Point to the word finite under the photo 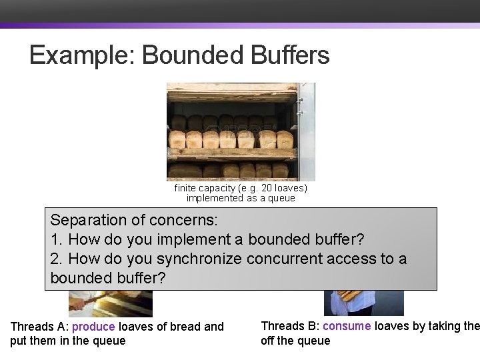186,189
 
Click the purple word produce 93,327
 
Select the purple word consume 347,326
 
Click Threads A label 39,327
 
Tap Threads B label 289,326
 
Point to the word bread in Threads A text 185,327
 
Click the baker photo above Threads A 110,303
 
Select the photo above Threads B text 363,303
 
